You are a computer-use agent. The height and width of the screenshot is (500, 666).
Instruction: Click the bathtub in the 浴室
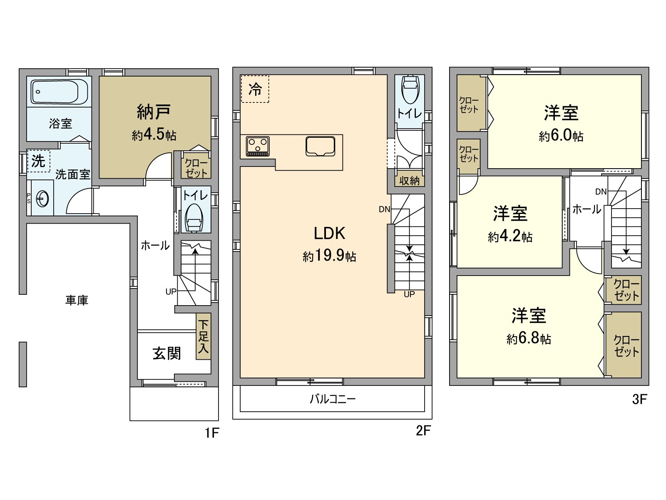[59, 91]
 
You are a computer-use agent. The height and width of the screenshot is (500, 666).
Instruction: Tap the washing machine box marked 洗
[38, 161]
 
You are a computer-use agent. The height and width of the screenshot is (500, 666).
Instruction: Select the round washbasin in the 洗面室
[42, 199]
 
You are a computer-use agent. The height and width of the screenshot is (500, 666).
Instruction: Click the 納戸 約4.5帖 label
[154, 122]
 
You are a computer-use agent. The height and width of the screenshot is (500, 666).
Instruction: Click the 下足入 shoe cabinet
[203, 336]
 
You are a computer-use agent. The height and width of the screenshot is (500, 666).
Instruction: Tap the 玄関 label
[166, 353]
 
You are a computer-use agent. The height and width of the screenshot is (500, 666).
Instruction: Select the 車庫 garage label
[77, 300]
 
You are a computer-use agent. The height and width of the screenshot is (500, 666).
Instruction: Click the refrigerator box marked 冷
[255, 89]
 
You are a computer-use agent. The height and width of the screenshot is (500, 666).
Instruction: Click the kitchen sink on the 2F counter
[320, 146]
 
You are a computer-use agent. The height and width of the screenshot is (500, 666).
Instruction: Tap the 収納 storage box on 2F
[409, 180]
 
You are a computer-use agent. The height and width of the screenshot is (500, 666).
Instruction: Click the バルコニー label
[332, 399]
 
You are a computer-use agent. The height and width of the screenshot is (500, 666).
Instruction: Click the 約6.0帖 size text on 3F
[561, 136]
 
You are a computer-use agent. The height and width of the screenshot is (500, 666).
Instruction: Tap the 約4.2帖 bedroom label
[510, 236]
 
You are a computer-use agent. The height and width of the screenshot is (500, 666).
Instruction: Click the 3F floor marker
[639, 399]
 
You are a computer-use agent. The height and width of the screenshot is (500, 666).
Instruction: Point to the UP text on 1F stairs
[171, 291]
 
